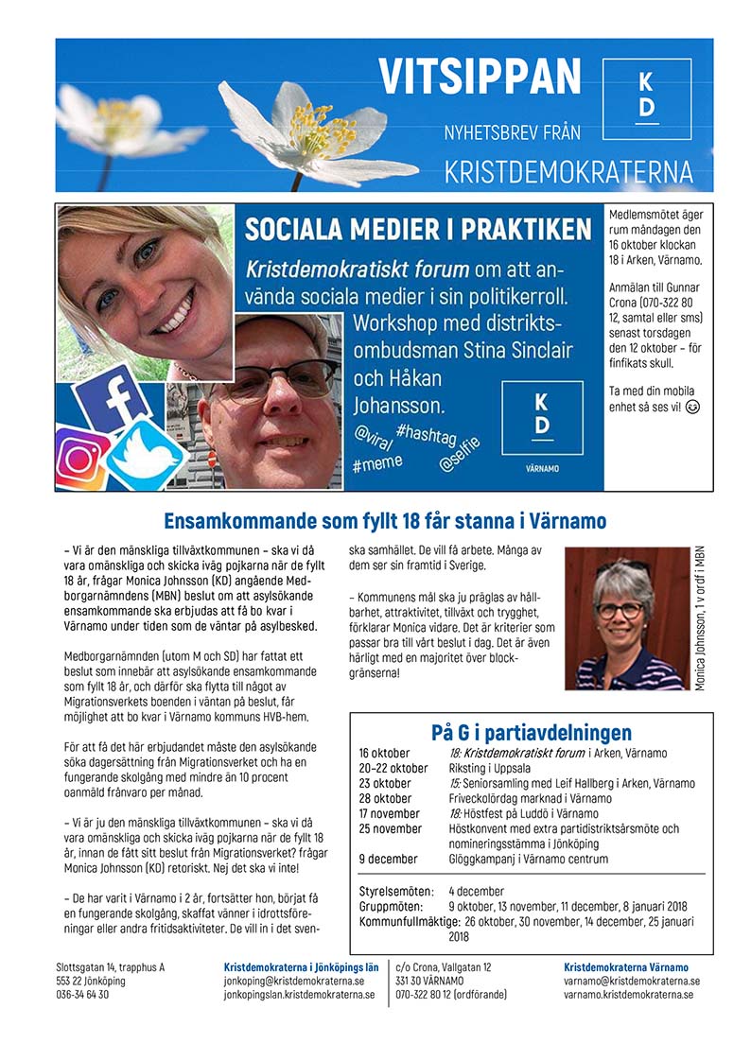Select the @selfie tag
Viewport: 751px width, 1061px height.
460,454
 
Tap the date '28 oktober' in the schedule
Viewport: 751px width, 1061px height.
386,798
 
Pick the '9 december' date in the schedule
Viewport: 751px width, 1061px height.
387,859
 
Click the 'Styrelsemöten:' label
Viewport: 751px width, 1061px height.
396,891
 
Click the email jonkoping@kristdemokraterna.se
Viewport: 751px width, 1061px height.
288,982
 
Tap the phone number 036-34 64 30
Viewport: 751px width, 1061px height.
82,995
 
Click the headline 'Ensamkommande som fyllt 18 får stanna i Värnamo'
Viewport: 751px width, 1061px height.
385,521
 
